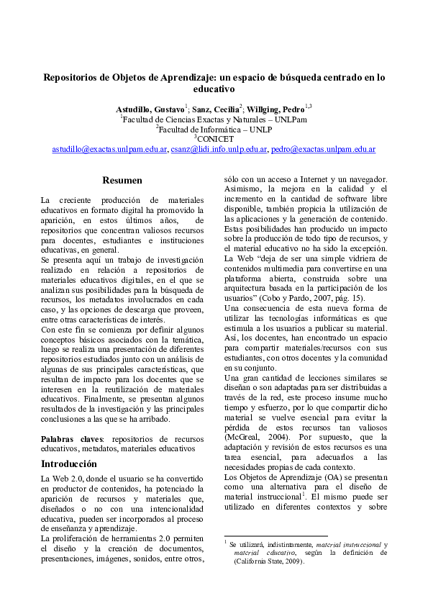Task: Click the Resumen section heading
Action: [122, 180]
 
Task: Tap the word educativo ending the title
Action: [214, 89]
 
